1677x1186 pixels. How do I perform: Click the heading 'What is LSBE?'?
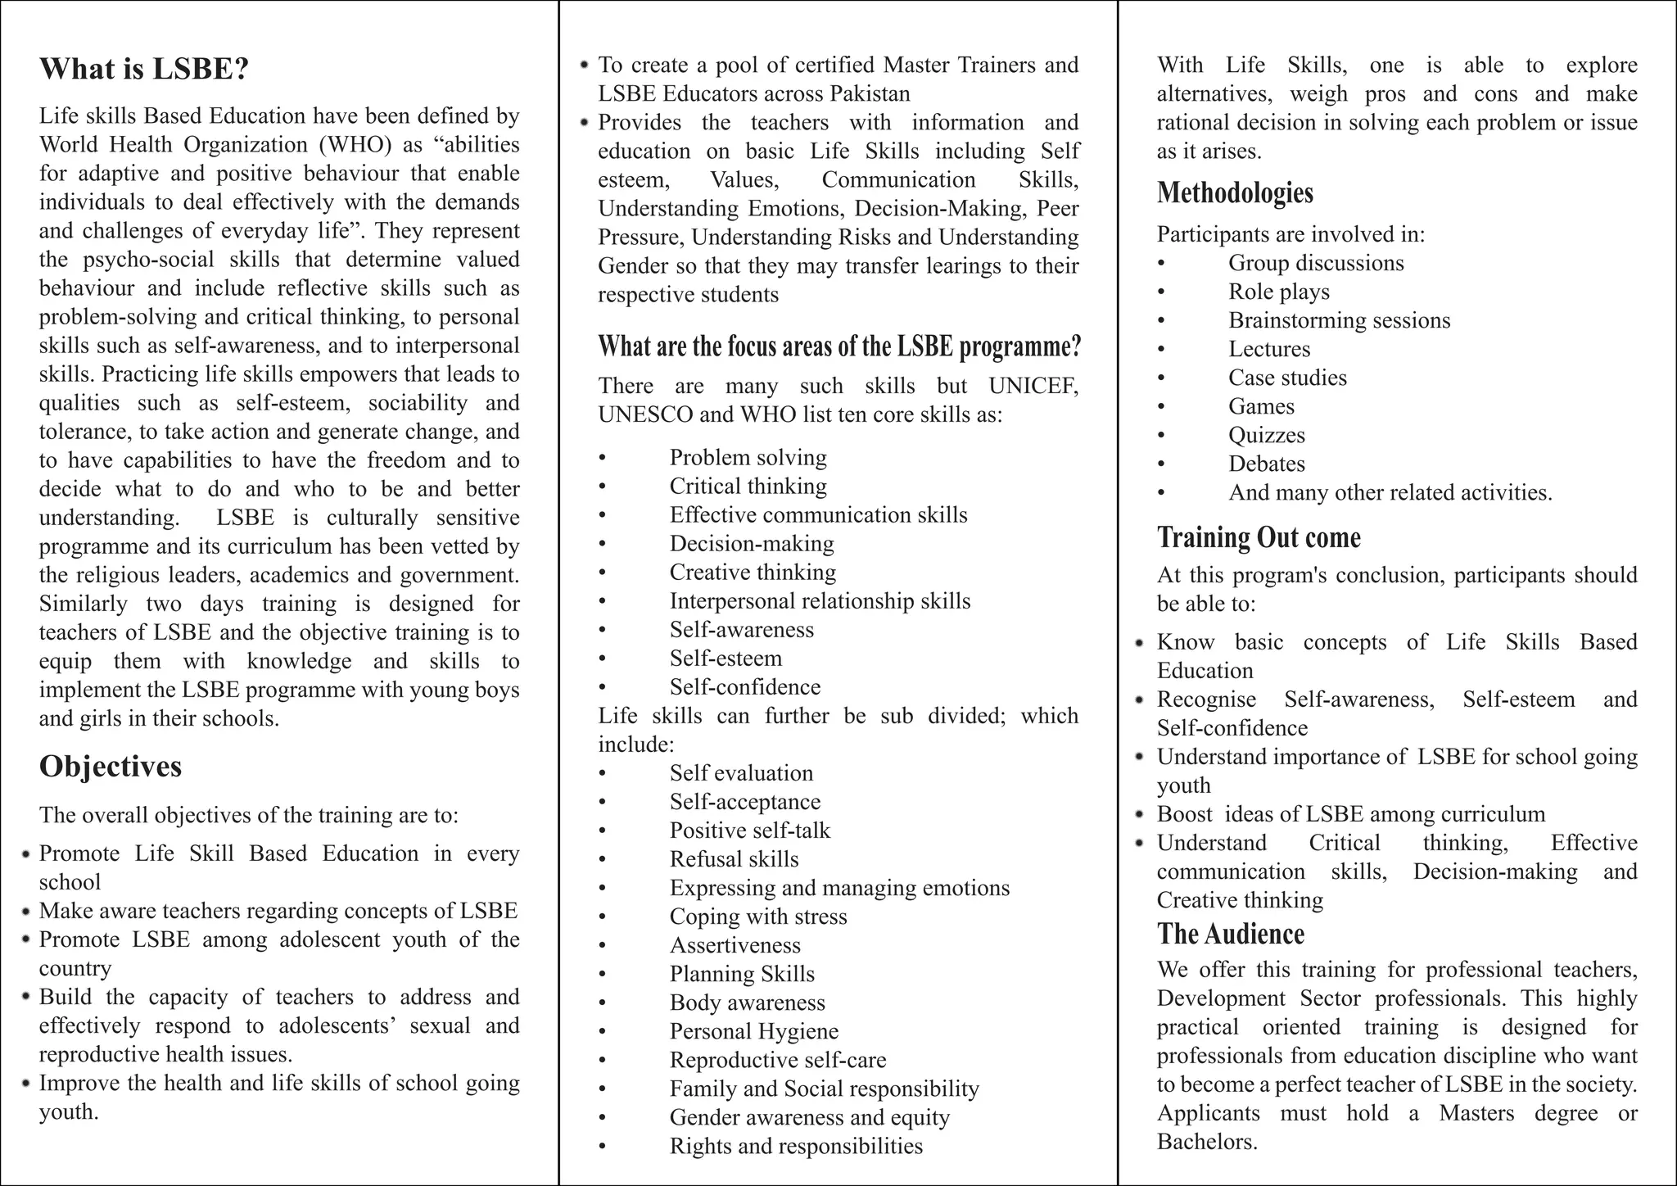coord(143,69)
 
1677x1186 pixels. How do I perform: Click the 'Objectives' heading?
coord(111,767)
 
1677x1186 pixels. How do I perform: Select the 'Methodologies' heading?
coord(1235,192)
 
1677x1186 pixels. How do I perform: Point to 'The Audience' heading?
coord(1230,934)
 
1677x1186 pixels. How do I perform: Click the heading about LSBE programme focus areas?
coord(839,346)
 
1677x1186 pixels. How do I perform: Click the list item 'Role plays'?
coord(1278,292)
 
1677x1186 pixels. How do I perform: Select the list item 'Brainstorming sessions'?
coord(1339,320)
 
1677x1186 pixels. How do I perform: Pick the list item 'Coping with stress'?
coord(757,917)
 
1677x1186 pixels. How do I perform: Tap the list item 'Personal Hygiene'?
coord(753,1031)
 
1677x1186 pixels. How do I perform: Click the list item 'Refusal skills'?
coord(734,859)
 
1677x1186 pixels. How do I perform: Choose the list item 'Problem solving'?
coord(748,457)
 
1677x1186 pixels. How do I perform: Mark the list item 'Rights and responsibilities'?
coord(795,1146)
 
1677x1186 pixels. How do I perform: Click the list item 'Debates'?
coord(1266,464)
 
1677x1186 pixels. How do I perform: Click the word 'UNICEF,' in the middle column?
coord(1033,386)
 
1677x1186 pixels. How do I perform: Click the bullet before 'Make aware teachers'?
coord(27,911)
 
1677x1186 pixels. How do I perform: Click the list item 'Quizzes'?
coord(1266,435)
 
